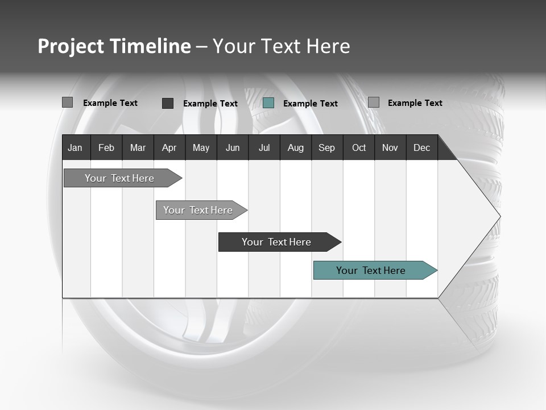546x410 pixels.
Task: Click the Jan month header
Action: (75, 148)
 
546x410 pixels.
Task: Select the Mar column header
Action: (138, 148)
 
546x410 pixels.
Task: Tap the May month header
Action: (201, 148)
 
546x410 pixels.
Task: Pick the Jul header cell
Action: (264, 148)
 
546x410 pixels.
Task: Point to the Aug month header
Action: (296, 148)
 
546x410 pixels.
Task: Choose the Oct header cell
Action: (359, 148)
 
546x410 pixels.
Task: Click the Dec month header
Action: (421, 148)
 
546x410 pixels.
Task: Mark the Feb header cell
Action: (106, 148)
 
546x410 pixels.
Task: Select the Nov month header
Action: (390, 148)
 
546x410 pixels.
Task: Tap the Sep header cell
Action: (327, 148)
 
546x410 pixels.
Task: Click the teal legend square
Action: (268, 103)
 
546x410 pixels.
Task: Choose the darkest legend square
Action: (168, 103)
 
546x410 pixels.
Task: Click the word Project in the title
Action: (70, 46)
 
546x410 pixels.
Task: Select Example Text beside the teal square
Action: (311, 104)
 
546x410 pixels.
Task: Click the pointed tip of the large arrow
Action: (499, 216)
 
